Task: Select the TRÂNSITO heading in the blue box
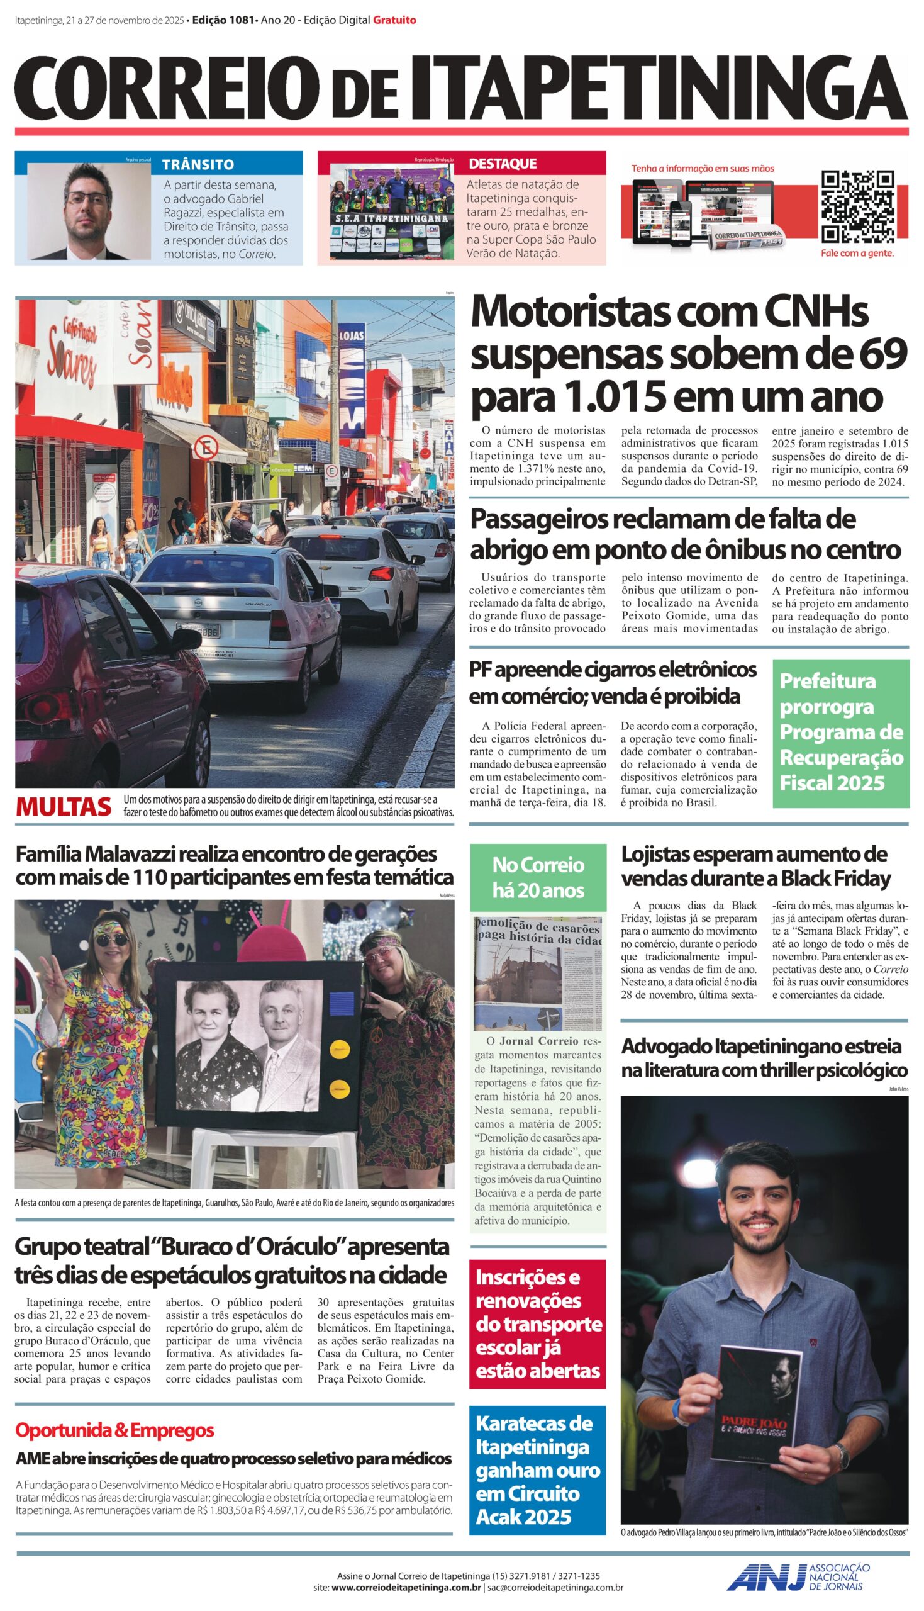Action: point(198,164)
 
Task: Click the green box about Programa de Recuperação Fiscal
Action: point(841,733)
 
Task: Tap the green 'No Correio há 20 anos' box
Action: point(538,877)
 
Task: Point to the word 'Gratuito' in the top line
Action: point(395,20)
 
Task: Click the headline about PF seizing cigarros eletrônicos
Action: point(613,682)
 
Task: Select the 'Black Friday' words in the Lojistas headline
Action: point(836,878)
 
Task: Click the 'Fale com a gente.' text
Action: point(857,253)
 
